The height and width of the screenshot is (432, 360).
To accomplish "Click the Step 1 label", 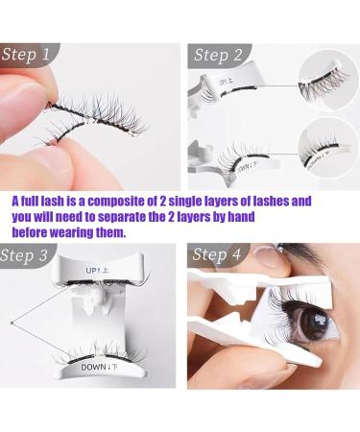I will click(x=27, y=55).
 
